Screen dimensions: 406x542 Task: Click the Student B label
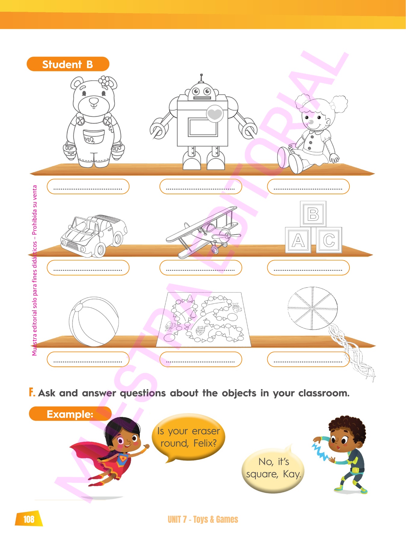pyautogui.click(x=68, y=64)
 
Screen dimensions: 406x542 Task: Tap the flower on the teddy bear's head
pyautogui.click(x=104, y=81)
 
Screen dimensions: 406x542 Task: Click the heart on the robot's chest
pyautogui.click(x=215, y=114)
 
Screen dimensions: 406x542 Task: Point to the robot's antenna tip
pyautogui.click(x=201, y=75)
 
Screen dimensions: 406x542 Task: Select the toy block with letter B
pyautogui.click(x=313, y=214)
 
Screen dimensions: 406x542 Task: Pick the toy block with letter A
pyautogui.click(x=298, y=240)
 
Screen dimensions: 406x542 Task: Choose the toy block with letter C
pyautogui.click(x=329, y=240)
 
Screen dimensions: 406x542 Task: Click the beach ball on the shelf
pyautogui.click(x=94, y=322)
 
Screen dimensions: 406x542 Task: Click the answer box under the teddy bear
pyautogui.click(x=88, y=187)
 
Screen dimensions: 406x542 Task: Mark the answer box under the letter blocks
pyautogui.click(x=308, y=268)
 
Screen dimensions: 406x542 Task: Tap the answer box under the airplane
pyautogui.click(x=201, y=268)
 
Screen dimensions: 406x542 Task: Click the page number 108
pyautogui.click(x=29, y=519)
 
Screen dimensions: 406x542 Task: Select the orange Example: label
pyautogui.click(x=70, y=414)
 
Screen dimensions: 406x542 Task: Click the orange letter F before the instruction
pyautogui.click(x=32, y=392)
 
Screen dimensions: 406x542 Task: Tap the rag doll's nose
pyautogui.click(x=311, y=122)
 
